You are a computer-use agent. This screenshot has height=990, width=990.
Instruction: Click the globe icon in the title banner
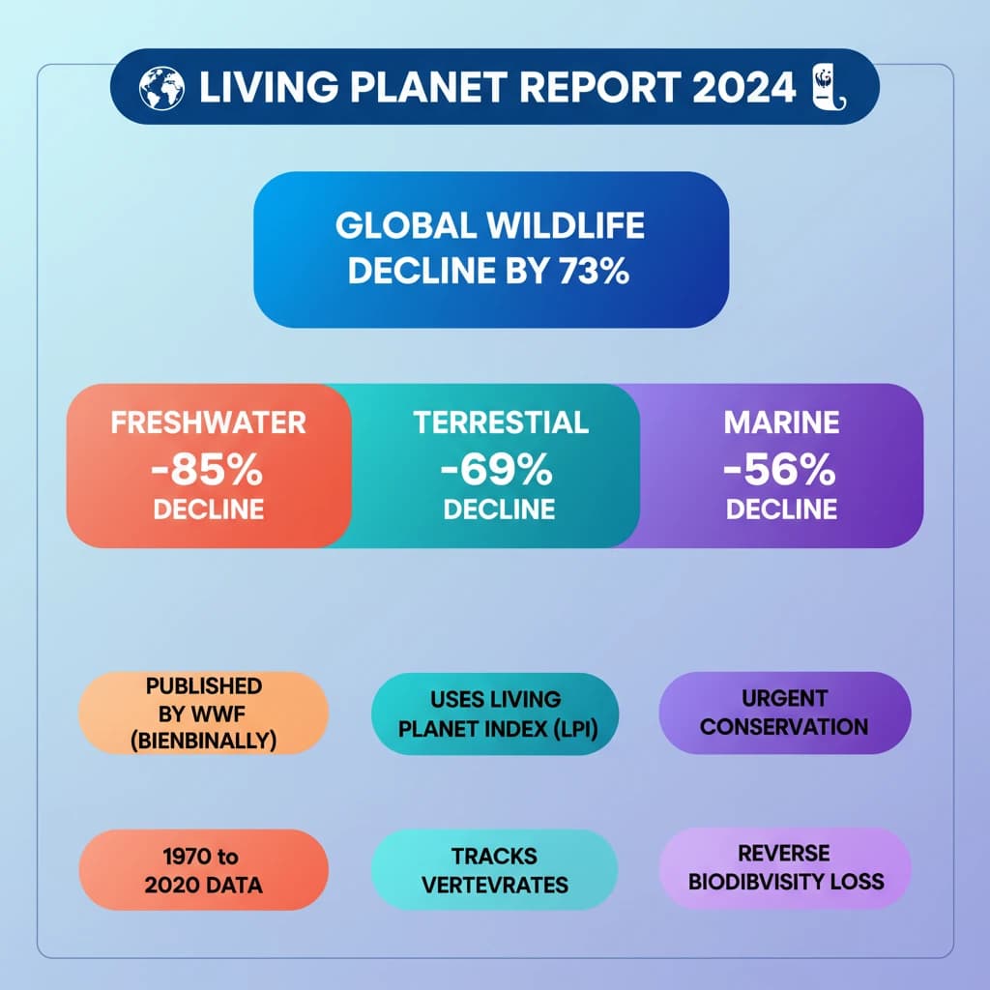pos(160,88)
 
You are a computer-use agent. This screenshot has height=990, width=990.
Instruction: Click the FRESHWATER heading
pos(208,422)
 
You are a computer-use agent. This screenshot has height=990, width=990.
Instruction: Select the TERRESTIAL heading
pos(500,422)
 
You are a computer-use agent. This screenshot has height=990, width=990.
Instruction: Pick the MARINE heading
pos(781,422)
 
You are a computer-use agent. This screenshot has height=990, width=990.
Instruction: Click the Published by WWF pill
pos(204,713)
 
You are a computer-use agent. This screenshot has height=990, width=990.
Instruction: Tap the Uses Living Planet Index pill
pos(494,713)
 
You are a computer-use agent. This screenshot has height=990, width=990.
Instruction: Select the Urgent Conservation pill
pos(784,713)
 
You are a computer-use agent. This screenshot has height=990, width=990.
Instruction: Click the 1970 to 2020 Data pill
pos(204,869)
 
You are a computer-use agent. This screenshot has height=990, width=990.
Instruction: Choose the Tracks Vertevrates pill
pos(494,869)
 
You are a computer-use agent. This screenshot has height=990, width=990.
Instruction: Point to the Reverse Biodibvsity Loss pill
pos(784,866)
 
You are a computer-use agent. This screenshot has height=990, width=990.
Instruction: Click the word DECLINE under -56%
pos(781,510)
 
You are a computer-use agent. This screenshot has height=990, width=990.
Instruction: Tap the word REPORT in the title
pos(592,88)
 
